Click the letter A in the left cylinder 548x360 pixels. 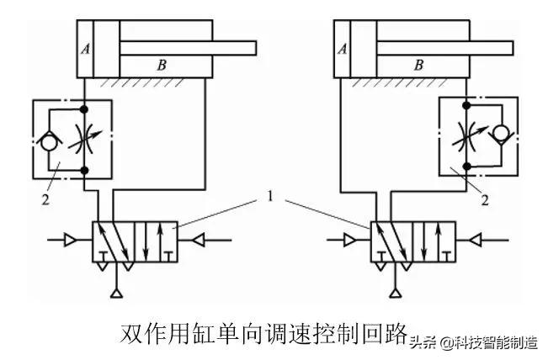click(x=85, y=49)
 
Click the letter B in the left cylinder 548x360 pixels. click(x=162, y=65)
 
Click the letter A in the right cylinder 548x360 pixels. click(x=342, y=49)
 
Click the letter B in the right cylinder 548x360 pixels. click(x=418, y=65)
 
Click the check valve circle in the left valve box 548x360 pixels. click(x=45, y=140)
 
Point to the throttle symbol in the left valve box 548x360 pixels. click(x=84, y=140)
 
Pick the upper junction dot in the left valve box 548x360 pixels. click(x=84, y=110)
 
